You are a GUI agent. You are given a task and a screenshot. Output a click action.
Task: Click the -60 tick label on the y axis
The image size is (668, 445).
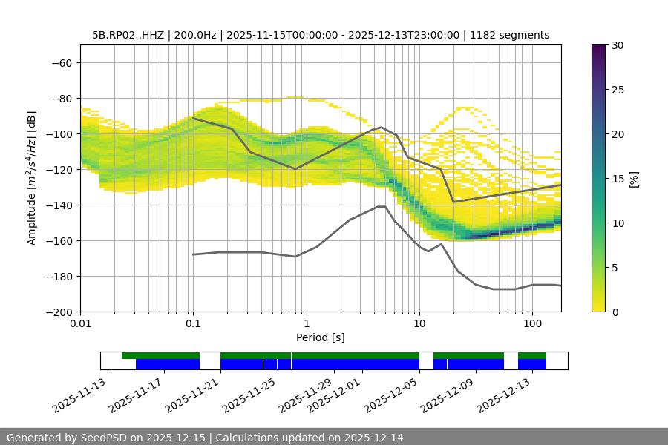pyautogui.click(x=62, y=62)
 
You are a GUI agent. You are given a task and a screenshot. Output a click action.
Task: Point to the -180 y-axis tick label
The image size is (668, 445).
pyautogui.click(x=59, y=276)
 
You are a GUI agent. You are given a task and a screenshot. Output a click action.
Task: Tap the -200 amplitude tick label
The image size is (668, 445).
pyautogui.click(x=59, y=311)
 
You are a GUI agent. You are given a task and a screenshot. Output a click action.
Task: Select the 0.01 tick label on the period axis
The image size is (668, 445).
pyautogui.click(x=80, y=323)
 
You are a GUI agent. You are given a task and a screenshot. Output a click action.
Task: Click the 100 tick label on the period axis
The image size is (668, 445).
pyautogui.click(x=531, y=323)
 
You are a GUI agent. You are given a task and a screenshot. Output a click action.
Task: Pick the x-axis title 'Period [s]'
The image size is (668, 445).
pyautogui.click(x=320, y=337)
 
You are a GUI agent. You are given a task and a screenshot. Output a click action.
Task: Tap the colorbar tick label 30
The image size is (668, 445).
pyautogui.click(x=618, y=45)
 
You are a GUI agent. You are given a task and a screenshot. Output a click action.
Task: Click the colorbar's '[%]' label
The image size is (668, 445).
pyautogui.click(x=634, y=179)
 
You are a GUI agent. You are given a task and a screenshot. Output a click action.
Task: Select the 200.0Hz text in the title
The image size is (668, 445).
pyautogui.click(x=199, y=35)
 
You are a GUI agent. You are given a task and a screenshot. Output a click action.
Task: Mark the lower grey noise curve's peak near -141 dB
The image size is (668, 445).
pyautogui.click(x=382, y=206)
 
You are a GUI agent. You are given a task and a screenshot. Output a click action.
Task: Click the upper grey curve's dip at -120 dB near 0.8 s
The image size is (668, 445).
pyautogui.click(x=295, y=169)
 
